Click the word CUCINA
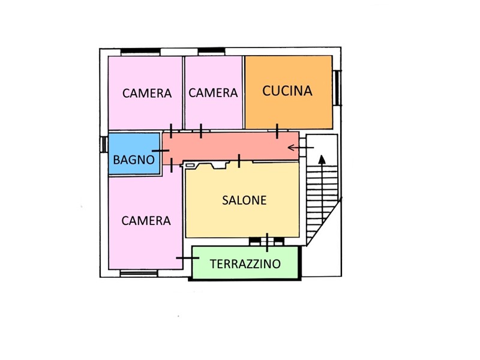(x=288, y=91)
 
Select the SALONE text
(x=244, y=200)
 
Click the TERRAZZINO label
(x=245, y=263)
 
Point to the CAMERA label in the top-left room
(x=147, y=93)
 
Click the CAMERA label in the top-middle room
(x=213, y=93)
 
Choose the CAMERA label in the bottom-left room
(x=146, y=220)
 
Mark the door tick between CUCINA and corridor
(x=277, y=131)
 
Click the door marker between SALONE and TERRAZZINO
(x=267, y=242)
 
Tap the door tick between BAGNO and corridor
(x=161, y=151)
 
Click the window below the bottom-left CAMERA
(x=139, y=274)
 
